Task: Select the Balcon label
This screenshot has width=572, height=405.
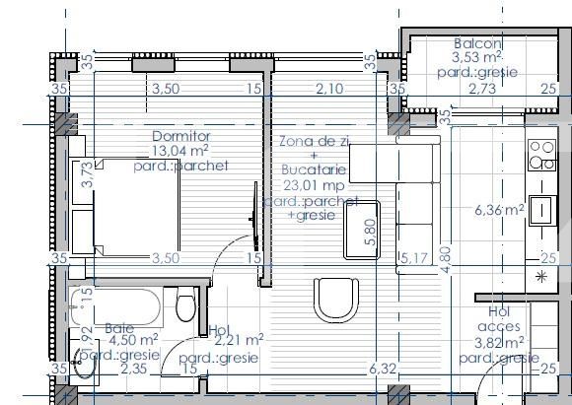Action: [478, 44]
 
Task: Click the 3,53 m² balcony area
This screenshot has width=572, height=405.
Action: [478, 59]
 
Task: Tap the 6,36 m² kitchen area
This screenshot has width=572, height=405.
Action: [499, 210]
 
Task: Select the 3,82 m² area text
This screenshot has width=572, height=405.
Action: [499, 343]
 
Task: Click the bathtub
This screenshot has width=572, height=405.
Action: [116, 307]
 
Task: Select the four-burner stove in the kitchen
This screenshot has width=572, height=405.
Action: [541, 156]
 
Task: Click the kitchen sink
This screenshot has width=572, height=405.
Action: [541, 210]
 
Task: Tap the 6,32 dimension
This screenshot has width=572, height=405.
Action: [383, 370]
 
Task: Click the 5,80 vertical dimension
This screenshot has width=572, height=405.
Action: [370, 231]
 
